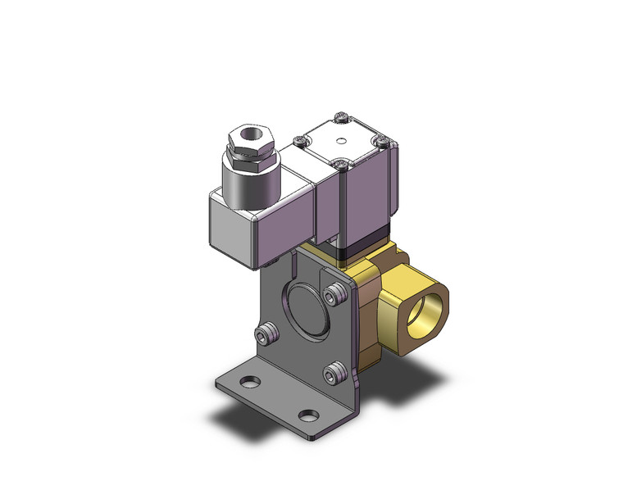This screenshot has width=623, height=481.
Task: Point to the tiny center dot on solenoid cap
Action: click(340, 141)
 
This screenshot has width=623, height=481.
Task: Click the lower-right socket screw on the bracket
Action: click(333, 374)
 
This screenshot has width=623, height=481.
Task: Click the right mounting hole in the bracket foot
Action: click(307, 415)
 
